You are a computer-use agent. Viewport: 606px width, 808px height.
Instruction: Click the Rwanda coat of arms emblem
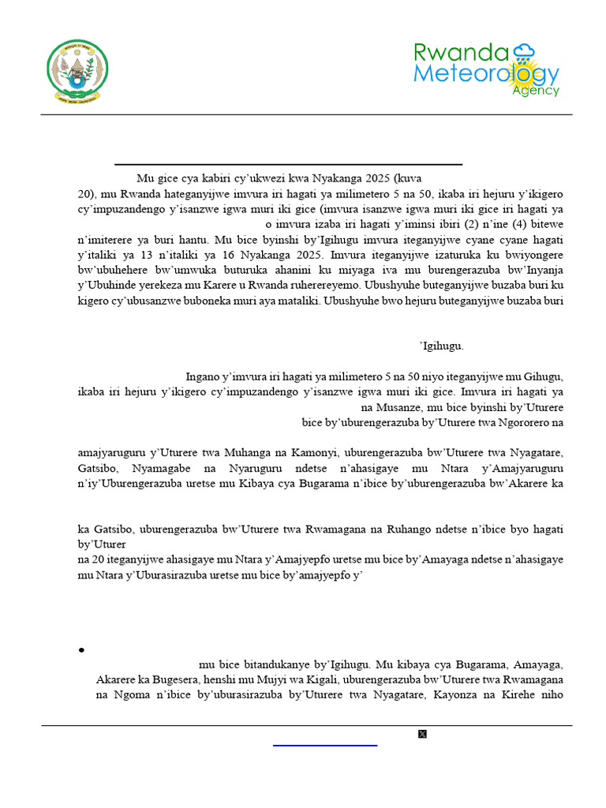[77, 70]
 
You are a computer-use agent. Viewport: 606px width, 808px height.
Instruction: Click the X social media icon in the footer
[422, 735]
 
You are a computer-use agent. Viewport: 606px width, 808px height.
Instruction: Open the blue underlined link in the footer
[325, 743]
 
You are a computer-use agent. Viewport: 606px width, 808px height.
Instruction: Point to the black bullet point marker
[82, 650]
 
